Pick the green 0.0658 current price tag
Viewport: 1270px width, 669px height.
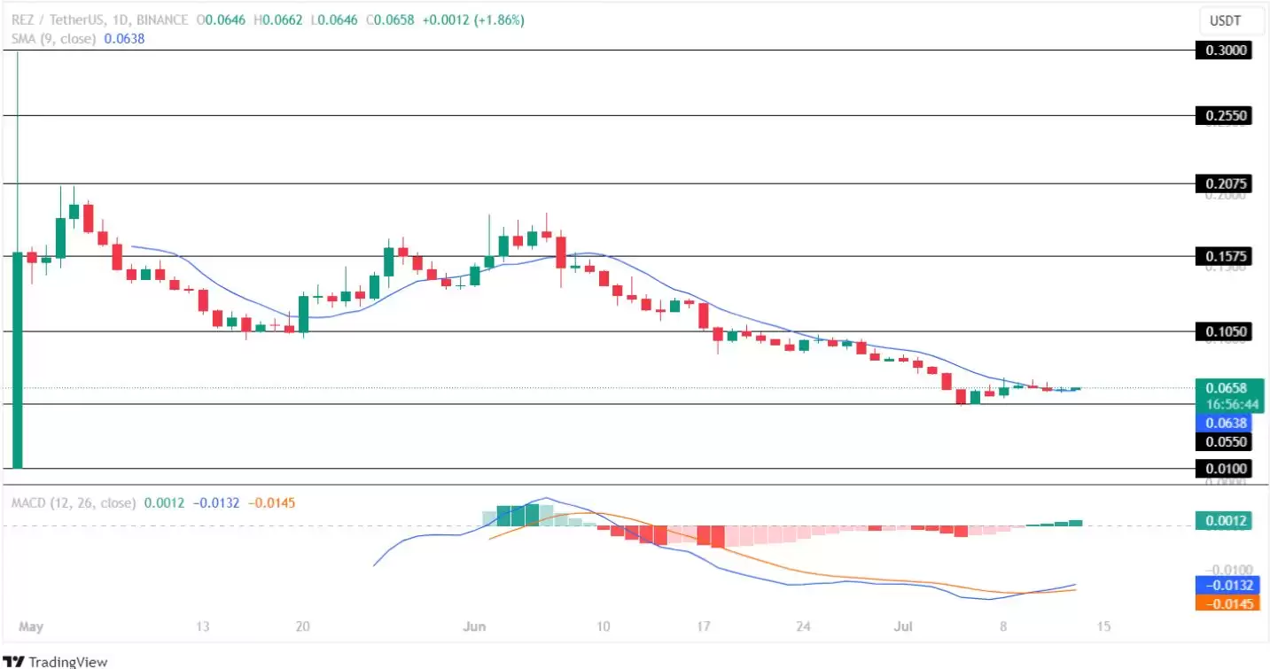(1227, 387)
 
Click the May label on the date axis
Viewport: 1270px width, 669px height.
(30, 626)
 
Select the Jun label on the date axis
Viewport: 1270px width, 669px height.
(475, 626)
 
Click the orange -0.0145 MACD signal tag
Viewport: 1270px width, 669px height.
(1227, 603)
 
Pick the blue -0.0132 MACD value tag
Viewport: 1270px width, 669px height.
(1227, 585)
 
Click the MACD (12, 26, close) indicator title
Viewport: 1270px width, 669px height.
(74, 502)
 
